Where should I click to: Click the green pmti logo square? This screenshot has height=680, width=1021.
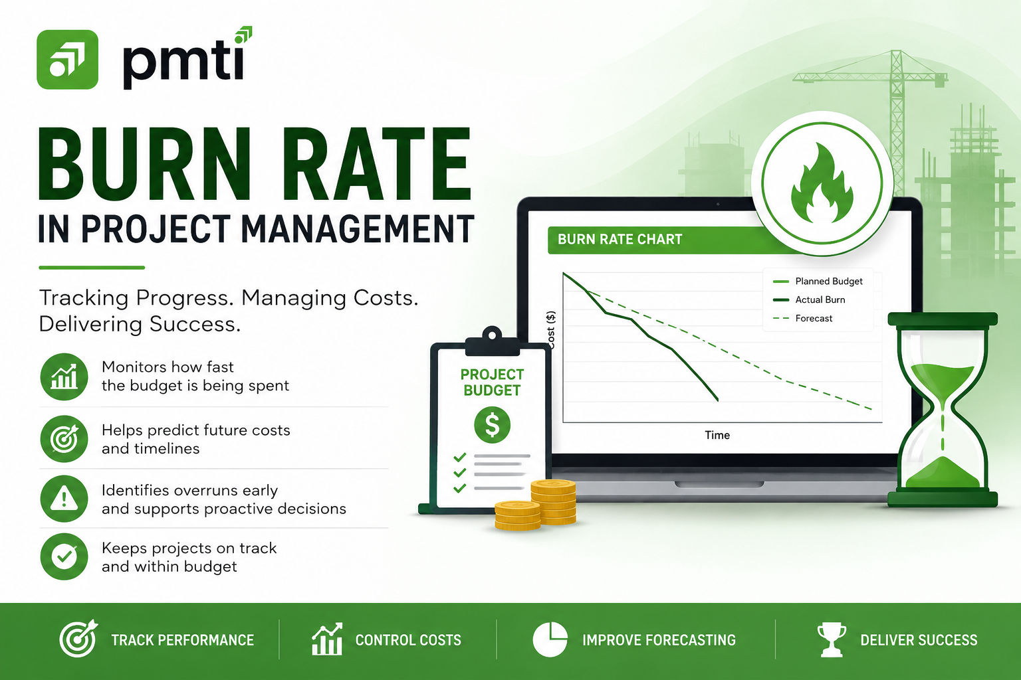click(67, 60)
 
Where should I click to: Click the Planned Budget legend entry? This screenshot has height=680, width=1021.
click(818, 282)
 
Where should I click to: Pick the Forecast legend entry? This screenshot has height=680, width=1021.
click(803, 318)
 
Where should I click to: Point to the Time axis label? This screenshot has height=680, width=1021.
click(717, 436)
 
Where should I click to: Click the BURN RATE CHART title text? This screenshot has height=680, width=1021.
click(620, 240)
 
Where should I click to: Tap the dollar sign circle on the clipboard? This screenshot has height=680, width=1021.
click(492, 425)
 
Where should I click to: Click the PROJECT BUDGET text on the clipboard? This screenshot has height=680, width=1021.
click(492, 382)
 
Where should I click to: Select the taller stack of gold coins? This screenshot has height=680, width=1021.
click(553, 502)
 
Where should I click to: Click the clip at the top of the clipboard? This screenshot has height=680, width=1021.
click(493, 341)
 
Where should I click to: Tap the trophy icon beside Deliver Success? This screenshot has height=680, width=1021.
click(832, 640)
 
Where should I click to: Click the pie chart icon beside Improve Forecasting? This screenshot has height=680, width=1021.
click(550, 639)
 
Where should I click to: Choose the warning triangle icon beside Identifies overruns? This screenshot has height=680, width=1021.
click(64, 499)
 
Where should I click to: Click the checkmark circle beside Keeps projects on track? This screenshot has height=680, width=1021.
click(64, 556)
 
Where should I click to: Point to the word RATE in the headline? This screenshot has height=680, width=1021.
click(377, 165)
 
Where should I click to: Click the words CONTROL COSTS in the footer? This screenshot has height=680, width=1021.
click(408, 640)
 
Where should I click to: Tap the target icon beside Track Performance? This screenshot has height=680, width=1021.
click(78, 639)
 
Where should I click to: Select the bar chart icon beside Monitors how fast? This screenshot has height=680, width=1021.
click(64, 377)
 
